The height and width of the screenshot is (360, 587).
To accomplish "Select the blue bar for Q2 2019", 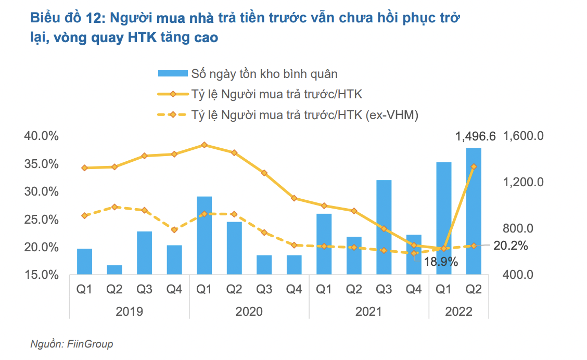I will tap(114, 269).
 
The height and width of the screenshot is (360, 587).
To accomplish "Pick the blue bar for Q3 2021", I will tap(384, 227).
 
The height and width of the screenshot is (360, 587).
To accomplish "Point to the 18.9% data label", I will tap(440, 262).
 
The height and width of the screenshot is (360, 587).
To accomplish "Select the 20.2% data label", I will tap(510, 246).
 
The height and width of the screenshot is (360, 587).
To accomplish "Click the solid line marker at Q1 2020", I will tap(205, 145).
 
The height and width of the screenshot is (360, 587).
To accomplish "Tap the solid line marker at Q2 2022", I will tap(474, 167).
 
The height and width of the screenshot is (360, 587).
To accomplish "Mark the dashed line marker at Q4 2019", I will tap(174, 229).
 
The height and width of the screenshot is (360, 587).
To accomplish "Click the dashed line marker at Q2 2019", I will tap(114, 207).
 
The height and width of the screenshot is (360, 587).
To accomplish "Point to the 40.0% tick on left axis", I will tap(41, 136).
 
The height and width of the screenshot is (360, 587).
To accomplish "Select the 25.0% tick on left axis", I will tap(41, 220).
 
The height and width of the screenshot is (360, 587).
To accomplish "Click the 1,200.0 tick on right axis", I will tap(523, 182).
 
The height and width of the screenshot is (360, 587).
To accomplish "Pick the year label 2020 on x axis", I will tap(249, 312).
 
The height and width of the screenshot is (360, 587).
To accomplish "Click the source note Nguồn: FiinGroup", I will tap(71, 344).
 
